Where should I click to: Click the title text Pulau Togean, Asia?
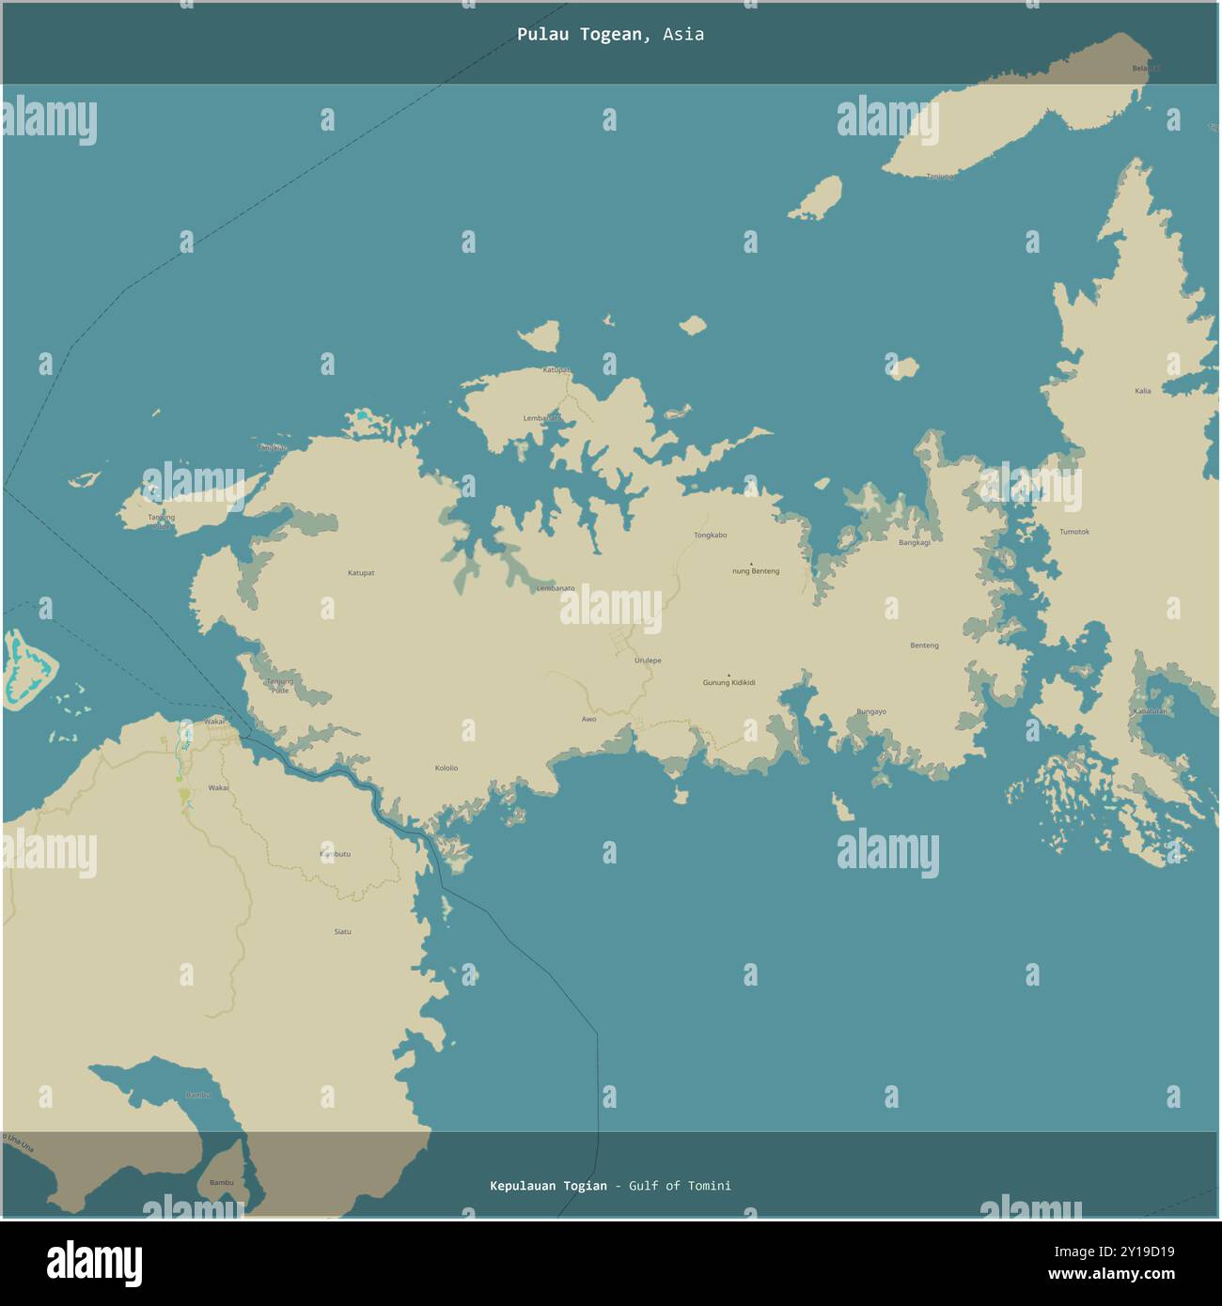pos(610,35)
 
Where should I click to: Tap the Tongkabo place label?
pos(710,536)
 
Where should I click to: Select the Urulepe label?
pos(647,661)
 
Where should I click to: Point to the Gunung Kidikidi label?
pos(728,683)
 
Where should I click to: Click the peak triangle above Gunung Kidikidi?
pos(728,675)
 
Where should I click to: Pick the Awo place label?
pos(588,719)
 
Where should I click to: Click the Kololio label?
pos(446,769)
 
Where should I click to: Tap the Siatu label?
pos(342,931)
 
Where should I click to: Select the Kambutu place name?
pos(335,854)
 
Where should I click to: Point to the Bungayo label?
pos(870,712)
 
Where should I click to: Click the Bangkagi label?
pos(914,542)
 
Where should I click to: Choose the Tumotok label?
pos(1073,532)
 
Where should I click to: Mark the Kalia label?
pos(1142,391)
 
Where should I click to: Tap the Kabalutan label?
pos(1151,711)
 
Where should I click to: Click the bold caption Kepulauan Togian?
pos(548,1186)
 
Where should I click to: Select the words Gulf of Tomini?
pos(680,1186)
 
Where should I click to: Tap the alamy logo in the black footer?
pos(94,1264)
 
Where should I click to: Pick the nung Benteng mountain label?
pos(756,571)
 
